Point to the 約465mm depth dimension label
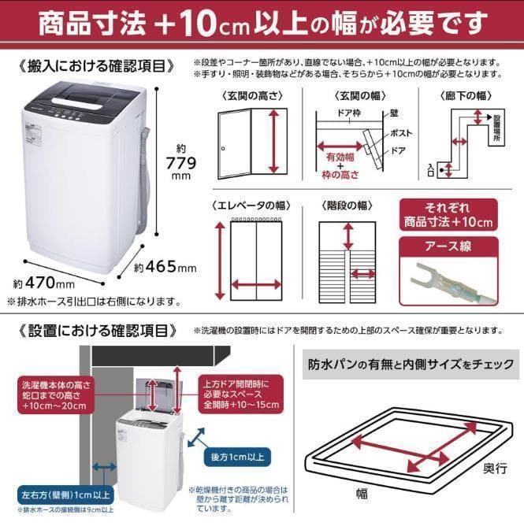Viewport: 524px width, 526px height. tap(165, 268)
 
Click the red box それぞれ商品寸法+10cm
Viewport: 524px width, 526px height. tap(448, 214)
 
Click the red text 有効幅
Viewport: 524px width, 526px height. tap(340, 157)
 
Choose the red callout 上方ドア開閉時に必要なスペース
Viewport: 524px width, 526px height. tap(240, 394)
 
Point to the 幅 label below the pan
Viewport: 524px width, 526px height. tap(362, 494)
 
